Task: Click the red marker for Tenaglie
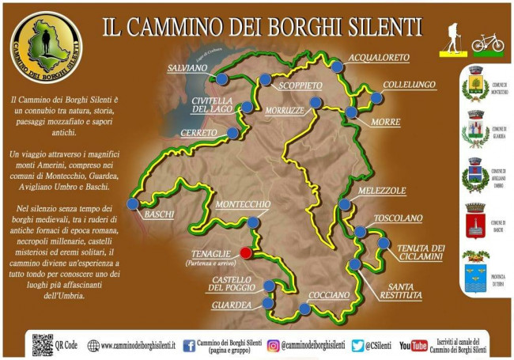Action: (246, 252)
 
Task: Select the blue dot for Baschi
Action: (132, 204)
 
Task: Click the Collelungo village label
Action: (409, 85)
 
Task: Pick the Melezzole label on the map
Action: (381, 191)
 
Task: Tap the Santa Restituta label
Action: (394, 290)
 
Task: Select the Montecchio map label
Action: (243, 204)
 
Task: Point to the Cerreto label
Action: (198, 133)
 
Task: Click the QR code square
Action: (43, 344)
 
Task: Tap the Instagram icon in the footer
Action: (274, 345)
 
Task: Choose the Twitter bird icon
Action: (357, 345)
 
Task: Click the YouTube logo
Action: (414, 345)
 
